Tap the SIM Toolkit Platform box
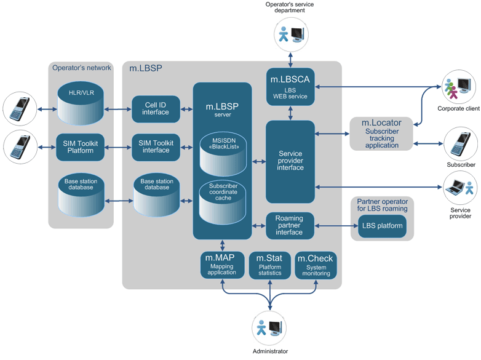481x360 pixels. coord(81,146)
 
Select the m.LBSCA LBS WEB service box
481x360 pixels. coord(290,86)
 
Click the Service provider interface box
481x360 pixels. coord(290,161)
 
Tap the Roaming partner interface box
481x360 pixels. coord(289,226)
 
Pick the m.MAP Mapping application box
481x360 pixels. coord(222,265)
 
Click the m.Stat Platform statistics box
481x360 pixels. coord(269,265)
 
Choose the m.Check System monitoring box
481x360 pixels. coord(316,265)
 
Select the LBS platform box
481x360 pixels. coord(381,226)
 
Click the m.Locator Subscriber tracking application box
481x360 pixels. coord(381,134)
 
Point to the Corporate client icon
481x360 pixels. coord(458,88)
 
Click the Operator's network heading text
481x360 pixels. coord(82,68)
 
